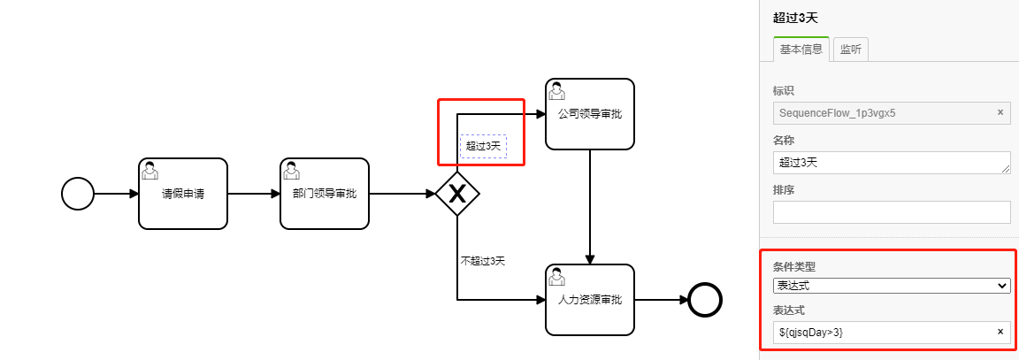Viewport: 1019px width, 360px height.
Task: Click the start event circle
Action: coord(78,194)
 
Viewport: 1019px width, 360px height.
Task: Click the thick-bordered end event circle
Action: coord(706,300)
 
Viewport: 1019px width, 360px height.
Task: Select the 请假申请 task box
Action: coord(183,194)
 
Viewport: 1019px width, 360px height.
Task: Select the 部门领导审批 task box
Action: coord(325,194)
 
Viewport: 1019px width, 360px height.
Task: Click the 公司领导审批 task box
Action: coord(590,114)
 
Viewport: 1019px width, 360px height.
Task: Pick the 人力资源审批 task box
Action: coord(590,300)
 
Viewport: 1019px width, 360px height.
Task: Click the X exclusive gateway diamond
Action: coord(457,194)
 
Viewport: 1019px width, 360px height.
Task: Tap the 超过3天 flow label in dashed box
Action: coord(483,146)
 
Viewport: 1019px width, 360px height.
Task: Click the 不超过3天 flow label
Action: coord(483,261)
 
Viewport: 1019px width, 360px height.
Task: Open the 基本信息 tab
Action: coord(801,50)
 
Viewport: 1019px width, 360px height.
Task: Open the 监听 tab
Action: coord(852,50)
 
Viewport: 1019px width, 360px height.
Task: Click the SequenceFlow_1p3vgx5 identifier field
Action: coord(885,112)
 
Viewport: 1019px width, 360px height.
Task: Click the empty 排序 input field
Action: coord(891,212)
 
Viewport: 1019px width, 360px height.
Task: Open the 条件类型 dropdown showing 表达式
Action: coord(891,286)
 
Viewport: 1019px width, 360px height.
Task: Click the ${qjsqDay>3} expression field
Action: coord(885,333)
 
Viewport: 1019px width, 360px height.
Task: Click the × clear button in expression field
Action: coord(1000,332)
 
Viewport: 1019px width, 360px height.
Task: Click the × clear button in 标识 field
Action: coord(1000,112)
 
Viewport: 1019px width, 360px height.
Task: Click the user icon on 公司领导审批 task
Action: coord(557,90)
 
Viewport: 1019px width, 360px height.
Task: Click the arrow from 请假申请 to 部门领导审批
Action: coord(254,194)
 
